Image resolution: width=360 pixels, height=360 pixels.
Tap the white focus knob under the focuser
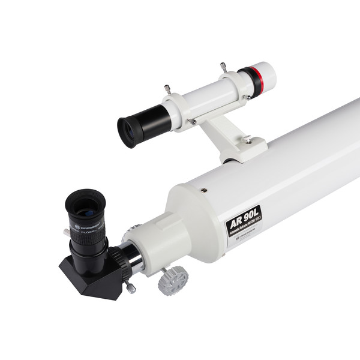(x=173, y=279)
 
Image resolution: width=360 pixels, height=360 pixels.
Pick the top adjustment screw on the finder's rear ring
(x=167, y=89)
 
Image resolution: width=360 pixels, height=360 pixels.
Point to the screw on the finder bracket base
(x=247, y=139)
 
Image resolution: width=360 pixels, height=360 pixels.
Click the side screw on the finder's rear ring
(x=193, y=121)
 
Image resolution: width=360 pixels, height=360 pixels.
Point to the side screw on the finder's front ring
(x=247, y=97)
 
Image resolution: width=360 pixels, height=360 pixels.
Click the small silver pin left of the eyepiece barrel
(x=66, y=232)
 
